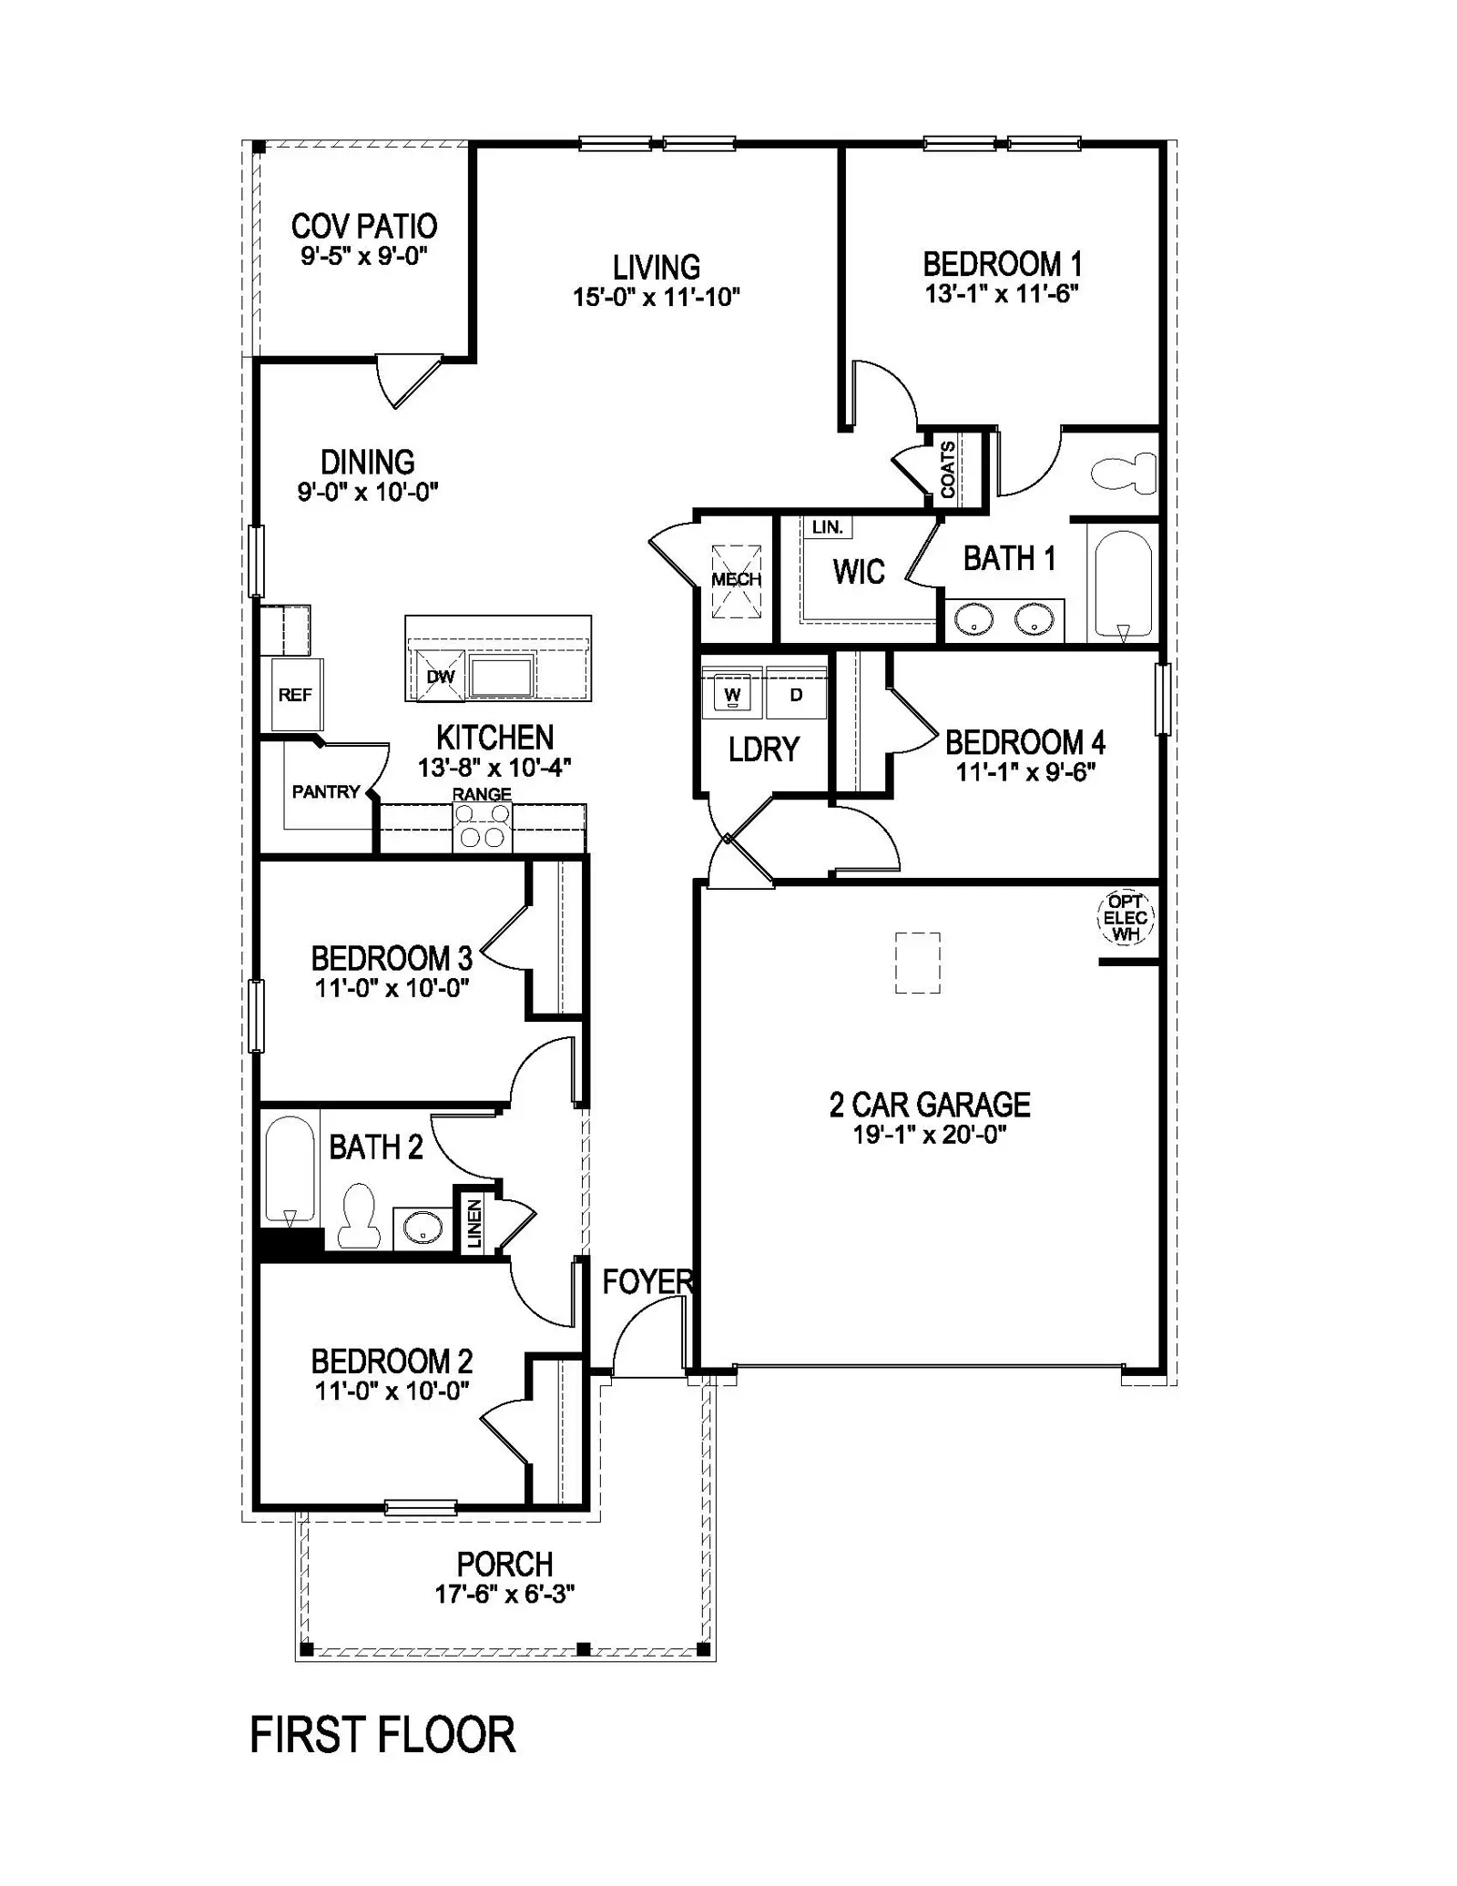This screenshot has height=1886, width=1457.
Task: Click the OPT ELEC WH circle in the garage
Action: [1126, 918]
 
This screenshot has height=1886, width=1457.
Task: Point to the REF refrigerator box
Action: [295, 695]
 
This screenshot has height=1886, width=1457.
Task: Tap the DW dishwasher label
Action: [440, 677]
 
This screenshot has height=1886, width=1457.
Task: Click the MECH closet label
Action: [736, 580]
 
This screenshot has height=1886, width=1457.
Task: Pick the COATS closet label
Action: [948, 469]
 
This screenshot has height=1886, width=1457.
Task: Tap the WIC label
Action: [859, 572]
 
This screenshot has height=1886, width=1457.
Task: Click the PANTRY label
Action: [326, 792]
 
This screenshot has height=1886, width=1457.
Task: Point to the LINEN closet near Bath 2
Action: [474, 1223]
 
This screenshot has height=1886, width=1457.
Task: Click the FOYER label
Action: [647, 1282]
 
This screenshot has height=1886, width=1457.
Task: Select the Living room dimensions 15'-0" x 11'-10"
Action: [657, 297]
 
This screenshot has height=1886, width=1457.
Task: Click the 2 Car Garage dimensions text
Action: [930, 1135]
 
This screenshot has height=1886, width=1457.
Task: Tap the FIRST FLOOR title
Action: [382, 1736]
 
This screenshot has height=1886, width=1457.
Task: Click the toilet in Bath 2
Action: [358, 1215]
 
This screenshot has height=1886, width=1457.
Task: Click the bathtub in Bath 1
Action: [1123, 584]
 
